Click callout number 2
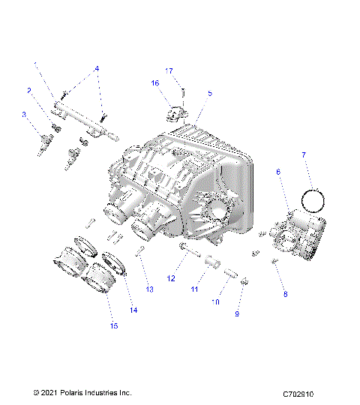click(29, 91)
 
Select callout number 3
click(24, 115)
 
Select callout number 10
click(216, 302)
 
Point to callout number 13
click(148, 289)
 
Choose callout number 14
click(134, 310)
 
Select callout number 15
click(114, 325)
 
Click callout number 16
click(155, 83)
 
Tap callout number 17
click(169, 70)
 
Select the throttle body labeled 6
click(300, 237)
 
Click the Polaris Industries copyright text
click(82, 392)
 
